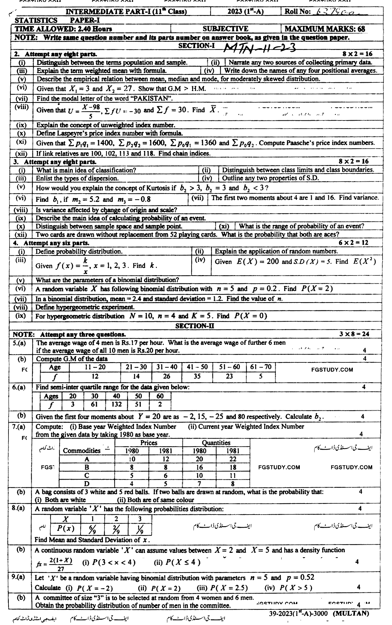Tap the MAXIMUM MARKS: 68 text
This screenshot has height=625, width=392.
click(x=325, y=29)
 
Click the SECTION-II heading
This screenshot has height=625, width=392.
click(x=194, y=326)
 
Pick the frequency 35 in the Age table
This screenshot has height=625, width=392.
click(x=197, y=376)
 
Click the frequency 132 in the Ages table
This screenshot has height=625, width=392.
click(x=116, y=404)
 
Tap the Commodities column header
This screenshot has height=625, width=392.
click(x=82, y=451)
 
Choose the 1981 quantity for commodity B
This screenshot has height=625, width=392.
click(x=233, y=467)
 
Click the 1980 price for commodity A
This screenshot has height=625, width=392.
click(x=132, y=459)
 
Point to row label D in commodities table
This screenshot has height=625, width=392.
click(x=87, y=484)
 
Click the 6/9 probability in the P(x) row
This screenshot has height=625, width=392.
click(x=93, y=529)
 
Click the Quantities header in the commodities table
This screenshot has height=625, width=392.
click(x=216, y=443)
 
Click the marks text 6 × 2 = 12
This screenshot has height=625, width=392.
click(x=353, y=243)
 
